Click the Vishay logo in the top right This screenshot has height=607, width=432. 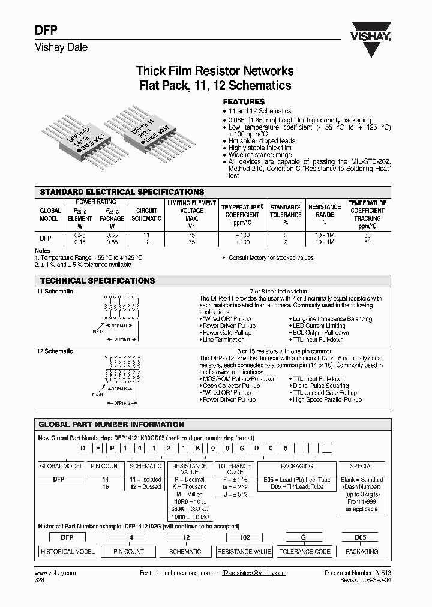point(370,32)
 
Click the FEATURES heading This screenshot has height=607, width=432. point(244,102)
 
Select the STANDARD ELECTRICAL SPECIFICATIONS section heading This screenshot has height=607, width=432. point(121,191)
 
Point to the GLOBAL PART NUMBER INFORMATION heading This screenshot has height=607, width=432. point(112,424)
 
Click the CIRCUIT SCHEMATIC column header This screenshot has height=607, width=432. point(146,214)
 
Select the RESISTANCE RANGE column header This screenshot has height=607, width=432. point(325,214)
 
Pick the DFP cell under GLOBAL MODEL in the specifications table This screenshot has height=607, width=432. point(45,238)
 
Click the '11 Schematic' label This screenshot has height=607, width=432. point(55,291)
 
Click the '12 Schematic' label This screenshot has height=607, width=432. point(55,351)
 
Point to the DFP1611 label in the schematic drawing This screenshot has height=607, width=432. point(122,339)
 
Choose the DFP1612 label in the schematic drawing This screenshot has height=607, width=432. point(122,403)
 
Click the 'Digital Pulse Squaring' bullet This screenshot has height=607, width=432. point(320,386)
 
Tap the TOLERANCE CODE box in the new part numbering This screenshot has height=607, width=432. point(234,469)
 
